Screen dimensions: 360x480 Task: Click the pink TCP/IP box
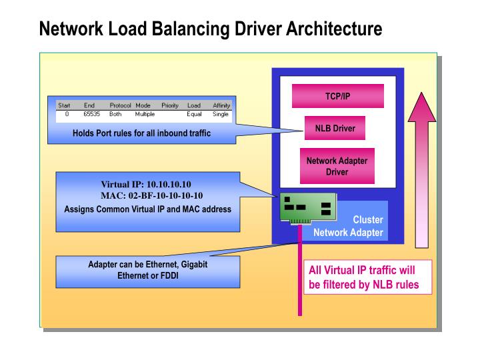pyautogui.click(x=337, y=96)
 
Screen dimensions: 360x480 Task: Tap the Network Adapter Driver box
pyautogui.click(x=337, y=166)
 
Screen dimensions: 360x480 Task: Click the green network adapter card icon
pyautogui.click(x=307, y=209)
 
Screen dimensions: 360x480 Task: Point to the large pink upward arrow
pyautogui.click(x=421, y=167)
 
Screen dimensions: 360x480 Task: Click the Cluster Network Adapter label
pyautogui.click(x=349, y=226)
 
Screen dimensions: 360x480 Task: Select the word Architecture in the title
pyautogui.click(x=334, y=29)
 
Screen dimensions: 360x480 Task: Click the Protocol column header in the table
pyautogui.click(x=120, y=105)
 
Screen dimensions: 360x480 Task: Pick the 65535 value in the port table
pyautogui.click(x=91, y=114)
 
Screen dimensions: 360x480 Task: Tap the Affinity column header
pyautogui.click(x=221, y=105)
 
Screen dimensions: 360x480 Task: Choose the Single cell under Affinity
pyautogui.click(x=221, y=114)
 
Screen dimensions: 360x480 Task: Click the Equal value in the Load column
pyautogui.click(x=194, y=114)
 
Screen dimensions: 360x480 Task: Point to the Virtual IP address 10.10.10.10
pyautogui.click(x=169, y=184)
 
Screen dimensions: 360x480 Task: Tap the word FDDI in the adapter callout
pyautogui.click(x=166, y=275)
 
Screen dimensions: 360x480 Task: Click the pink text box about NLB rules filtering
pyautogui.click(x=363, y=277)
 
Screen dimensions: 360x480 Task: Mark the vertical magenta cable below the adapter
pyautogui.click(x=299, y=280)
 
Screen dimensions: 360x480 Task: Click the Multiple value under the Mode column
pyautogui.click(x=145, y=114)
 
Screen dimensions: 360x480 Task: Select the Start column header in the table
pyautogui.click(x=65, y=105)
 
